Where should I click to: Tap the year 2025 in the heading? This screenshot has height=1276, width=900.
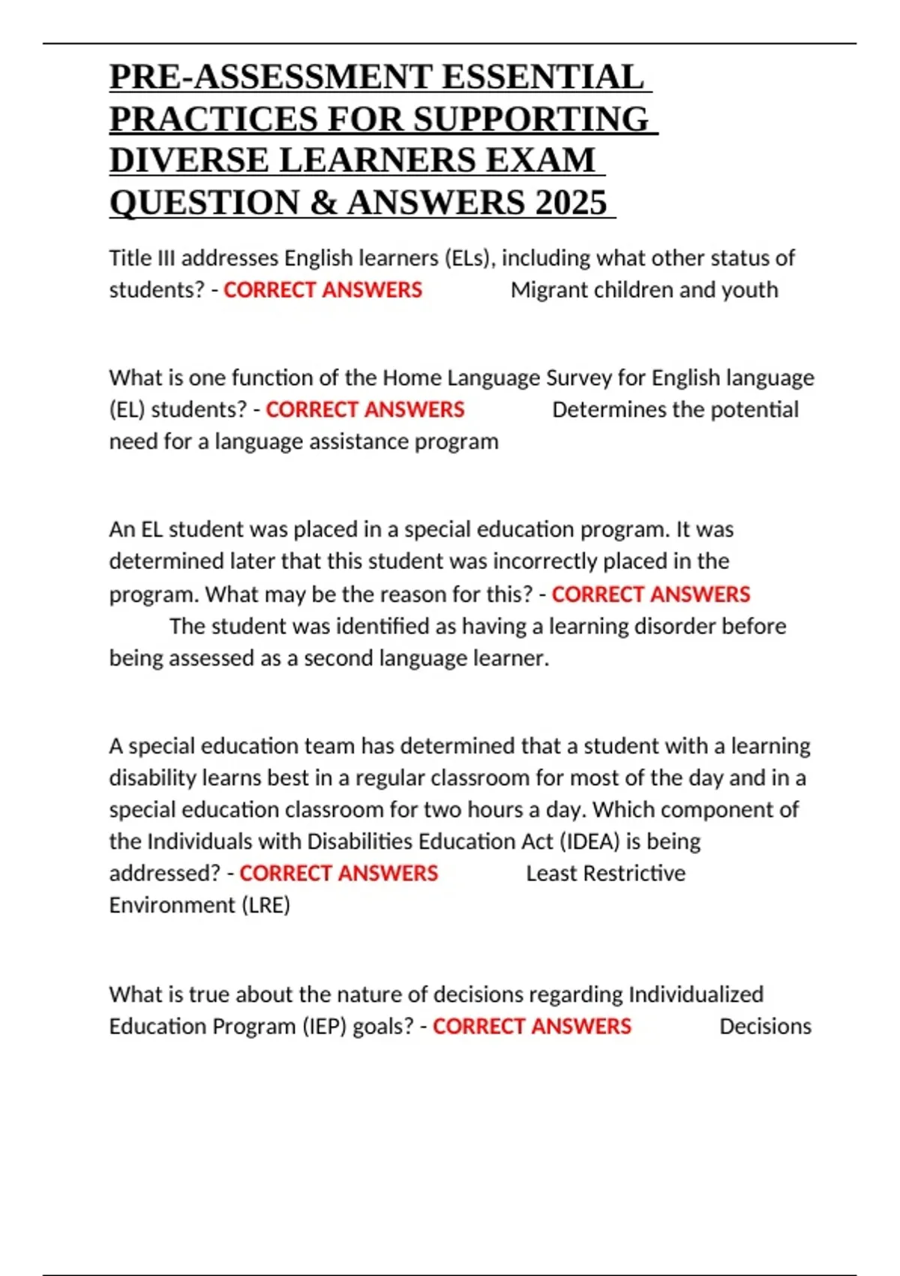571,203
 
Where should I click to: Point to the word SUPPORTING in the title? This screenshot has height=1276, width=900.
531,119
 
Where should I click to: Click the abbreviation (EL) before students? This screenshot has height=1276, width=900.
127,410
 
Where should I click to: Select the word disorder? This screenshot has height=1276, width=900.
667,626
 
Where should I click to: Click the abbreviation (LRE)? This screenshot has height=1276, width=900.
265,905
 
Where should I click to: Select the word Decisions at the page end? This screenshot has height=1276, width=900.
765,1026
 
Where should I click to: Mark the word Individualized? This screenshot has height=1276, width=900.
695,995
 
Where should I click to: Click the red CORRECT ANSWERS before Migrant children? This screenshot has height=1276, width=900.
322,290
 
